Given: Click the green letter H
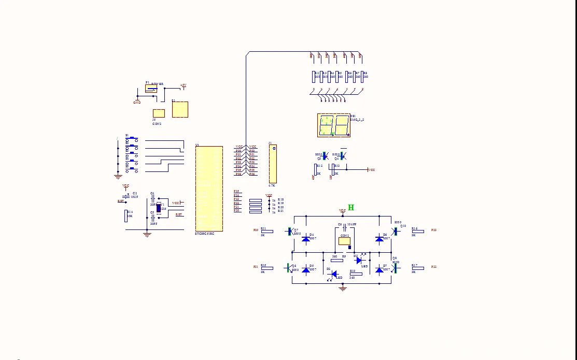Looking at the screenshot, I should pos(351,208).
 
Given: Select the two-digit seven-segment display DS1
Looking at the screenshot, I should pos(333,125).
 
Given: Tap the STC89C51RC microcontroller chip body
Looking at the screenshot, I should pos(209,189).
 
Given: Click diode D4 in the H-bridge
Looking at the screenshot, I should pos(306,239).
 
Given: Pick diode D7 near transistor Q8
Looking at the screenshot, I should pos(379,270).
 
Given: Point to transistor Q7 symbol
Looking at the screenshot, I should pos(290,231).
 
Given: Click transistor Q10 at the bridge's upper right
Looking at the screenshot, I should pos(396,231).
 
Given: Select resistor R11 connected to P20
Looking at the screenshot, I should pos(267,231).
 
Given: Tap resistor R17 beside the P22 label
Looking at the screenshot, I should pos(417,268).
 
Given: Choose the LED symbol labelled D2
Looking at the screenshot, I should pos(333,273).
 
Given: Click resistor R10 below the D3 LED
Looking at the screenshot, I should pos(356,273).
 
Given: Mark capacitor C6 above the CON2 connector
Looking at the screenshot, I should pos(343,228).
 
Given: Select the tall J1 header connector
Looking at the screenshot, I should pos(273,163).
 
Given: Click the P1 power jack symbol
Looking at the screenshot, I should pos(151,89).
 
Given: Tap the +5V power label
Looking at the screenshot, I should pos(183,85).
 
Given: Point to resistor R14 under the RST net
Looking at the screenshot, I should pos(125,216).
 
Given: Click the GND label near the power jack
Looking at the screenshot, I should pos(137,102).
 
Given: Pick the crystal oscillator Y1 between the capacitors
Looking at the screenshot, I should pos(159,208).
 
